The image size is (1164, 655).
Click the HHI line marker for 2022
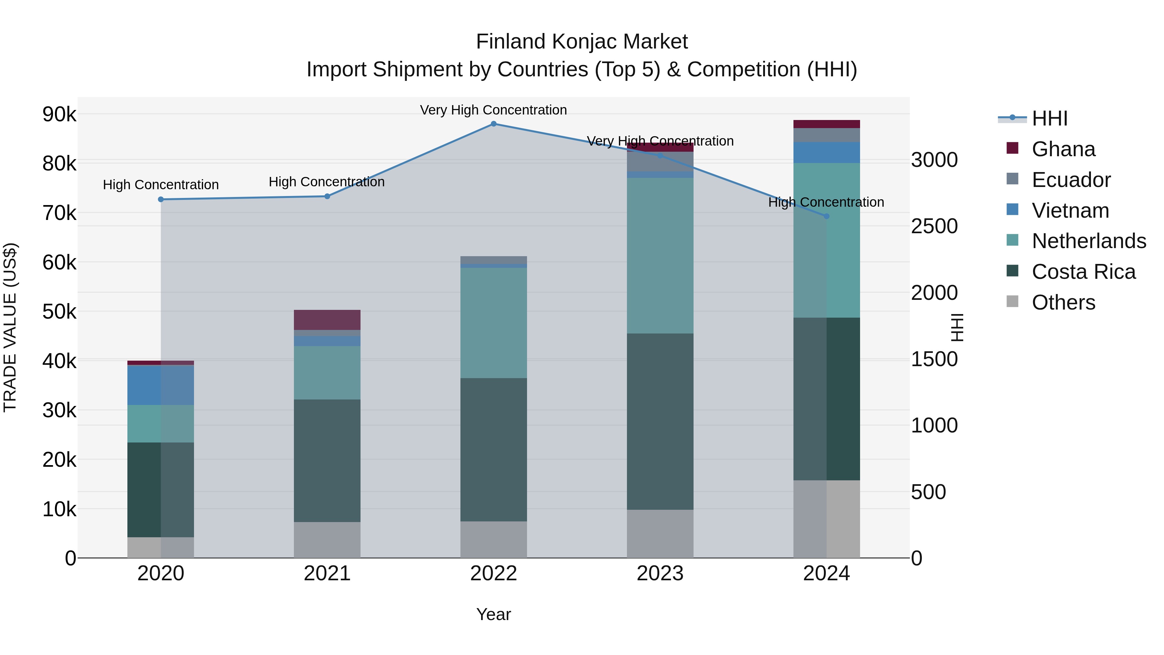[493, 124]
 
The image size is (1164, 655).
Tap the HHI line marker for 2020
[161, 199]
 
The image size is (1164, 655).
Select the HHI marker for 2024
[826, 216]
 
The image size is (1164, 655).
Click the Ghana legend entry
[1063, 149]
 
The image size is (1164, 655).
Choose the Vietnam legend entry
[1070, 211]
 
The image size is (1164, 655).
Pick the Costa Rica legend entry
[1083, 272]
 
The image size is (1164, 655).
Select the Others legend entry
[1063, 302]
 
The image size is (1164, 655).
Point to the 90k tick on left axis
[59, 115]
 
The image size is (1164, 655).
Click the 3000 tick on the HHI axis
[934, 160]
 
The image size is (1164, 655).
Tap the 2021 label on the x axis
[327, 573]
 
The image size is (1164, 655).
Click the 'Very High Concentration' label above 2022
[493, 110]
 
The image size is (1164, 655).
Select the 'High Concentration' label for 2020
[161, 185]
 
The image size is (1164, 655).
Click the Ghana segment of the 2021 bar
[327, 320]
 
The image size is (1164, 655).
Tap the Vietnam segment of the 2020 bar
[161, 385]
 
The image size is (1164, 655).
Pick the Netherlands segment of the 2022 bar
[493, 323]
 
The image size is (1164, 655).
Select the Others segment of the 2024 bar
[826, 519]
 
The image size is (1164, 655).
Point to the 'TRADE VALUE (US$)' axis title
[10, 327]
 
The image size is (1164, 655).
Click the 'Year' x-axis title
[493, 614]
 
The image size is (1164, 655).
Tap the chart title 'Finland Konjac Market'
[582, 42]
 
